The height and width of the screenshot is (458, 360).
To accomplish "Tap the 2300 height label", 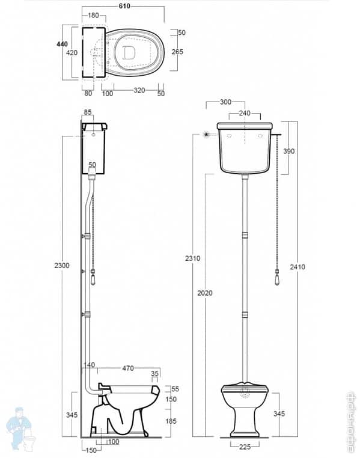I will pyautogui.click(x=62, y=265).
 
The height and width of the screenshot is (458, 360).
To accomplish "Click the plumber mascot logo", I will pyautogui.click(x=19, y=428).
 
